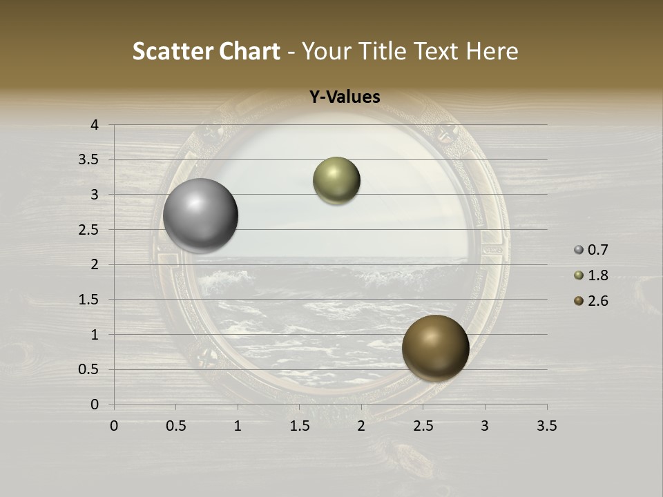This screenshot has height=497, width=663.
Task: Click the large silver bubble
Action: point(201,215)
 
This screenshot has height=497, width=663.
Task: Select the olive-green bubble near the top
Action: point(336,181)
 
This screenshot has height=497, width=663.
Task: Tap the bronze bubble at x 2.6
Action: point(435,348)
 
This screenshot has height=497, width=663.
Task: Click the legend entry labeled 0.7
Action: point(591,250)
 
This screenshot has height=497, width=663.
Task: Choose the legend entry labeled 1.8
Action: point(591,275)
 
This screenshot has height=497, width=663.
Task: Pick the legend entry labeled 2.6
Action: point(591,301)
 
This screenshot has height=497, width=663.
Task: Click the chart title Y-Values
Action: point(344,97)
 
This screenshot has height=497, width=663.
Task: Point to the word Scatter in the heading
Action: point(173,51)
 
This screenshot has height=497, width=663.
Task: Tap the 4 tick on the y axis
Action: point(95,125)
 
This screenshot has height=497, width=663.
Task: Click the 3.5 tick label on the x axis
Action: point(546,426)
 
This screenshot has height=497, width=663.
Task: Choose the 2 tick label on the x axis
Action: point(361,426)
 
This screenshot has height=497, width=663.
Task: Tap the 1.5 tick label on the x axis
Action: point(299,426)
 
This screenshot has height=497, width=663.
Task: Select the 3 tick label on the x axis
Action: point(485,426)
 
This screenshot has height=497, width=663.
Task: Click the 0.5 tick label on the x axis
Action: point(175,426)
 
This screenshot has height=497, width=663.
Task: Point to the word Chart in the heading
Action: point(250,51)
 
